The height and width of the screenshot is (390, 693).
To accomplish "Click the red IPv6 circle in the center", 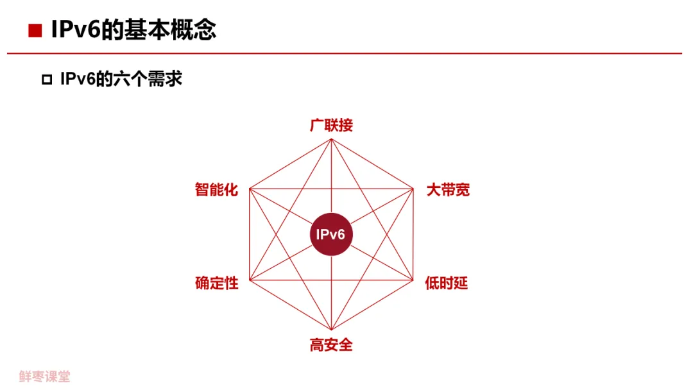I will (x=331, y=234).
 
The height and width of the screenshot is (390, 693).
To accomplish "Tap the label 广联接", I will (x=331, y=125).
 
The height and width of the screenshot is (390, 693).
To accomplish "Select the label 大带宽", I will (x=448, y=190).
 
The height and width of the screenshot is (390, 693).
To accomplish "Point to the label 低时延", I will (x=447, y=283).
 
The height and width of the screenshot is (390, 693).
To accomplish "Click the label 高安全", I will (x=331, y=345).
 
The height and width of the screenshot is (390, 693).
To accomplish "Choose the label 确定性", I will (x=216, y=283).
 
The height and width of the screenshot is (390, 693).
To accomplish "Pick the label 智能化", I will (x=216, y=190).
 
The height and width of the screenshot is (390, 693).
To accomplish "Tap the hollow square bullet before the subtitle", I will (x=46, y=80).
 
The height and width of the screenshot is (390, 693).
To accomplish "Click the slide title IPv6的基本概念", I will (x=133, y=30).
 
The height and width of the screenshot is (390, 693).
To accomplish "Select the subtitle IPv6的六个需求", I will (x=121, y=79).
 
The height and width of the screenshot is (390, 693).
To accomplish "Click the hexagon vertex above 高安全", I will (x=331, y=329).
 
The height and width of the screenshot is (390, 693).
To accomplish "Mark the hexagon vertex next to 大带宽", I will (x=413, y=189).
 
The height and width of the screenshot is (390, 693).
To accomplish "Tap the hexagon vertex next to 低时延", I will (x=413, y=280).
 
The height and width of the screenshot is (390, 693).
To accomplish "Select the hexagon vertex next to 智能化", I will (x=249, y=189).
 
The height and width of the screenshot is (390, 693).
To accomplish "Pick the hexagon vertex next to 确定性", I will (x=249, y=280).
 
